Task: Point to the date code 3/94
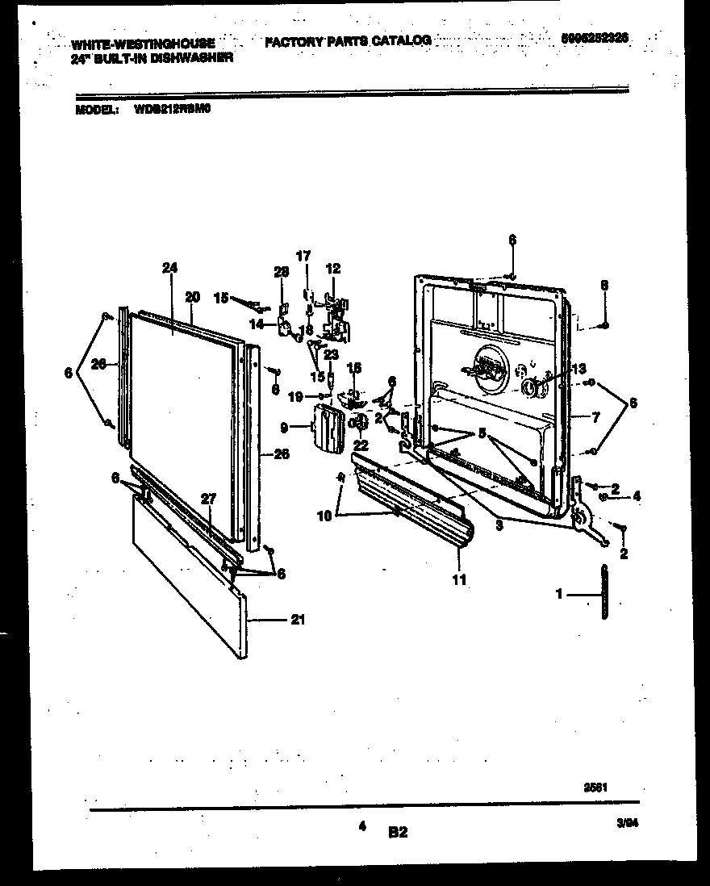point(626,822)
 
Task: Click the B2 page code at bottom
point(398,832)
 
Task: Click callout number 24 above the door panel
point(169,267)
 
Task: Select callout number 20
point(191,296)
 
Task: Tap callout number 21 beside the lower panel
point(299,620)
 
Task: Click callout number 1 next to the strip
point(560,595)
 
